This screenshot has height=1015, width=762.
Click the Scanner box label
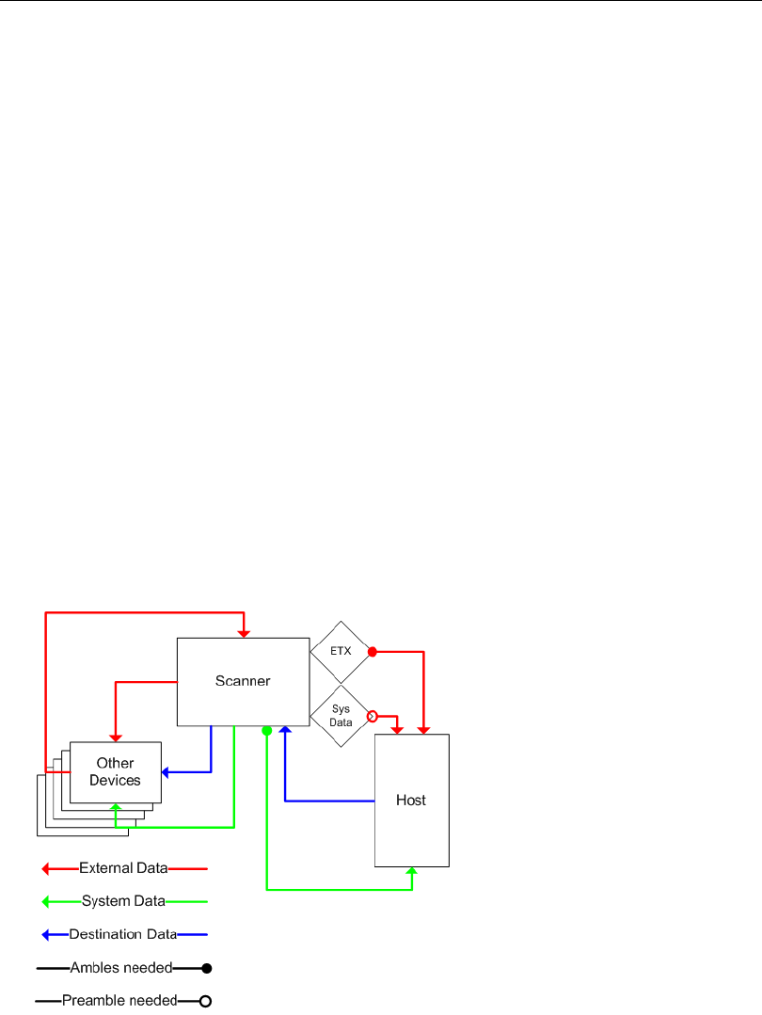243,681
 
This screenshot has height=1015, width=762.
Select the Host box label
411,801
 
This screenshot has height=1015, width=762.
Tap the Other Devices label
115,771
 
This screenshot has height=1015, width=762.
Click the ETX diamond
341,651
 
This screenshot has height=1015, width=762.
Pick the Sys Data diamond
341,717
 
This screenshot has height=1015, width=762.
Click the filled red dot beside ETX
372,651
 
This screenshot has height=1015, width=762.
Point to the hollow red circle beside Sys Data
372,717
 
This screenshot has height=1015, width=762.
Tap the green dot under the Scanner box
267,731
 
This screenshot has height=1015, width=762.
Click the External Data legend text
123,868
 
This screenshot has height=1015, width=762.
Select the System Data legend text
123,901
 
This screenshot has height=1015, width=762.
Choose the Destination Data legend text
123,934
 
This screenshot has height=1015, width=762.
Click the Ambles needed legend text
121,967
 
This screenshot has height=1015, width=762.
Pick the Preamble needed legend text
119,1000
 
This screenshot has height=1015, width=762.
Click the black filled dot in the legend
205,967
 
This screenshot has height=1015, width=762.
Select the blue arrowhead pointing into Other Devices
167,772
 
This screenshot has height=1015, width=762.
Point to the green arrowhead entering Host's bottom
412,872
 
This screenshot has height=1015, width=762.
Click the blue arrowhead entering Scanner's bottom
285,730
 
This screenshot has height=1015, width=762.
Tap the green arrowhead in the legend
45,901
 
